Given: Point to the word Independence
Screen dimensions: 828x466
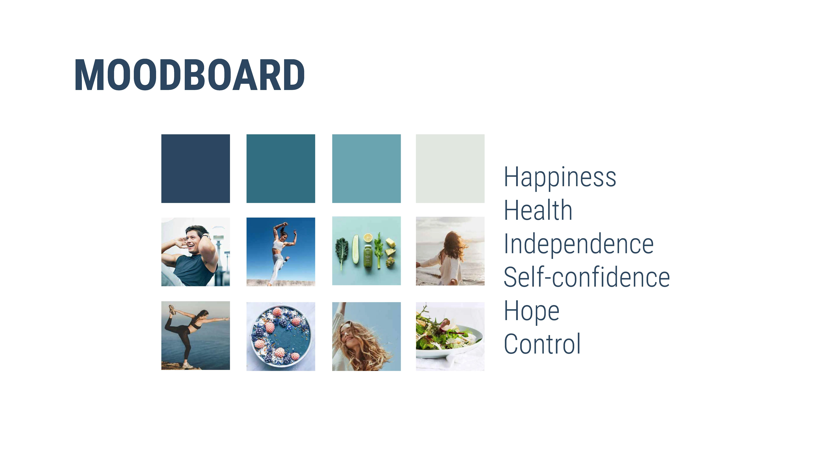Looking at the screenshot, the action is click(579, 244).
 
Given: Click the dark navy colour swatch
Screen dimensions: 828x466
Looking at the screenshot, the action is click(195, 168).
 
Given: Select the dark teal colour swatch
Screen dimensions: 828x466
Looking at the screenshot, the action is click(281, 168).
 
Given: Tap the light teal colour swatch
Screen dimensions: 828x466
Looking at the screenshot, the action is click(366, 168).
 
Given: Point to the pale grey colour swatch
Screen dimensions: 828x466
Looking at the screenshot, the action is click(450, 168).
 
